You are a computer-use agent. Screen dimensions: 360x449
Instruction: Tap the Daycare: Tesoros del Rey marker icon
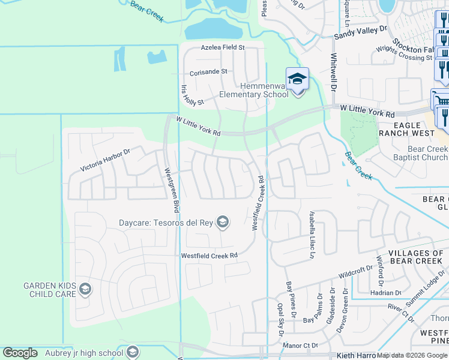pyautogui.click(x=223, y=223)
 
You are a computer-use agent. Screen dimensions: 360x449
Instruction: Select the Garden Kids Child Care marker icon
pyautogui.click(x=85, y=290)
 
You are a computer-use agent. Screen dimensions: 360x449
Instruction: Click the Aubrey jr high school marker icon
pyautogui.click(x=133, y=352)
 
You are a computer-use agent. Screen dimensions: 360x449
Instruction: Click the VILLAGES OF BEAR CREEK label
pyautogui.click(x=415, y=256)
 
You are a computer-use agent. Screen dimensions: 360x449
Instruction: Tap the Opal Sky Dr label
pyautogui.click(x=280, y=316)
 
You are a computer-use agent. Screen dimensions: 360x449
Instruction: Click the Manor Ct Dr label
pyautogui.click(x=300, y=346)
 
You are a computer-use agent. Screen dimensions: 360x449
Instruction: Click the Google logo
pyautogui.click(x=20, y=353)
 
